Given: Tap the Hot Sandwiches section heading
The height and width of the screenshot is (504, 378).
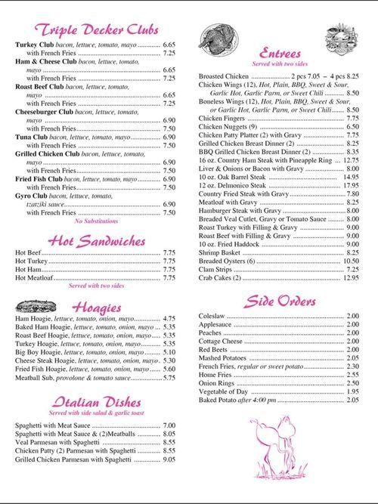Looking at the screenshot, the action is (x=97, y=241).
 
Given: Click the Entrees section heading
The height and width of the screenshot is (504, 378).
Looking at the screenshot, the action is (x=279, y=54).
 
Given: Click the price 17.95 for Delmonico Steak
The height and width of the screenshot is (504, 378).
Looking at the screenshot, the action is (x=350, y=185).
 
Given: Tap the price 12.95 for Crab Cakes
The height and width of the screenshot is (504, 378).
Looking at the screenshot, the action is (x=350, y=278).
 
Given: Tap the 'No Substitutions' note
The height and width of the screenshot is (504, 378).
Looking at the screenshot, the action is (x=96, y=221).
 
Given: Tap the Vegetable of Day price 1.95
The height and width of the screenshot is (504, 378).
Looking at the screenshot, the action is (x=352, y=391).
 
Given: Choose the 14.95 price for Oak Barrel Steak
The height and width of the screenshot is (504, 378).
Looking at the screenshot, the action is (x=350, y=177).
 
